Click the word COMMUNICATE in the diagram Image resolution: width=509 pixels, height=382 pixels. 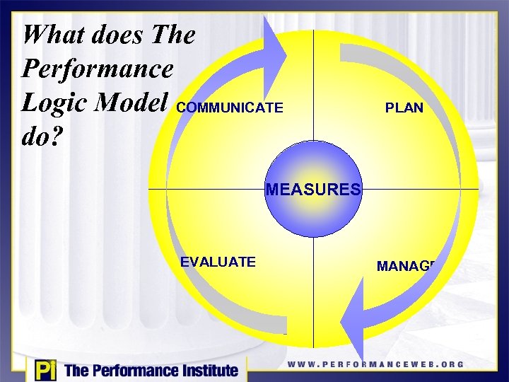(x=230, y=108)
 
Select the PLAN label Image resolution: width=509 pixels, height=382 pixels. (x=404, y=108)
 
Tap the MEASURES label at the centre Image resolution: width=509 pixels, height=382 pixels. (x=313, y=190)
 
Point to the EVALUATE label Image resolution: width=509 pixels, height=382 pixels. (x=218, y=262)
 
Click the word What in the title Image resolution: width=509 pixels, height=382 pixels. (x=52, y=34)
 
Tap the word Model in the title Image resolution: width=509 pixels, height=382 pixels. (x=138, y=101)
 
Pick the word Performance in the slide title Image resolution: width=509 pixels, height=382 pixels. (x=97, y=68)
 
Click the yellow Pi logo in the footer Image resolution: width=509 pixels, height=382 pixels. (x=43, y=370)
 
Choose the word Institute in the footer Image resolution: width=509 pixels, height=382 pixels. (x=206, y=370)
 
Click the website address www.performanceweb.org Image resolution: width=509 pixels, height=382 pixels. (x=375, y=364)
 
